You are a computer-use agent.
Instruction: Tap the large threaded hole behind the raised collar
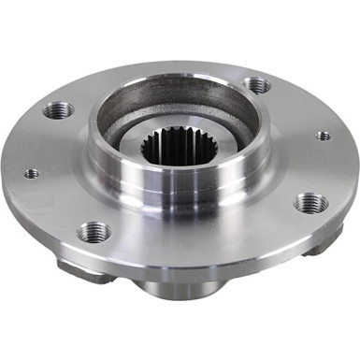pos(257,85)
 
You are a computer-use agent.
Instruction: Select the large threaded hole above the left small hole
pos(59,110)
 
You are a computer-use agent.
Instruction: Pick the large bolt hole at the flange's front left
pos(94,231)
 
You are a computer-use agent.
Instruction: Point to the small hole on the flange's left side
pos(32,173)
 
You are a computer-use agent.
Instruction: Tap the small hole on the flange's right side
pos(323,136)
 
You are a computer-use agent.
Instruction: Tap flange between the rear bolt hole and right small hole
pos(295,108)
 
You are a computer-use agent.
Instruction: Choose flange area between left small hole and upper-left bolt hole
pos(42,140)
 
